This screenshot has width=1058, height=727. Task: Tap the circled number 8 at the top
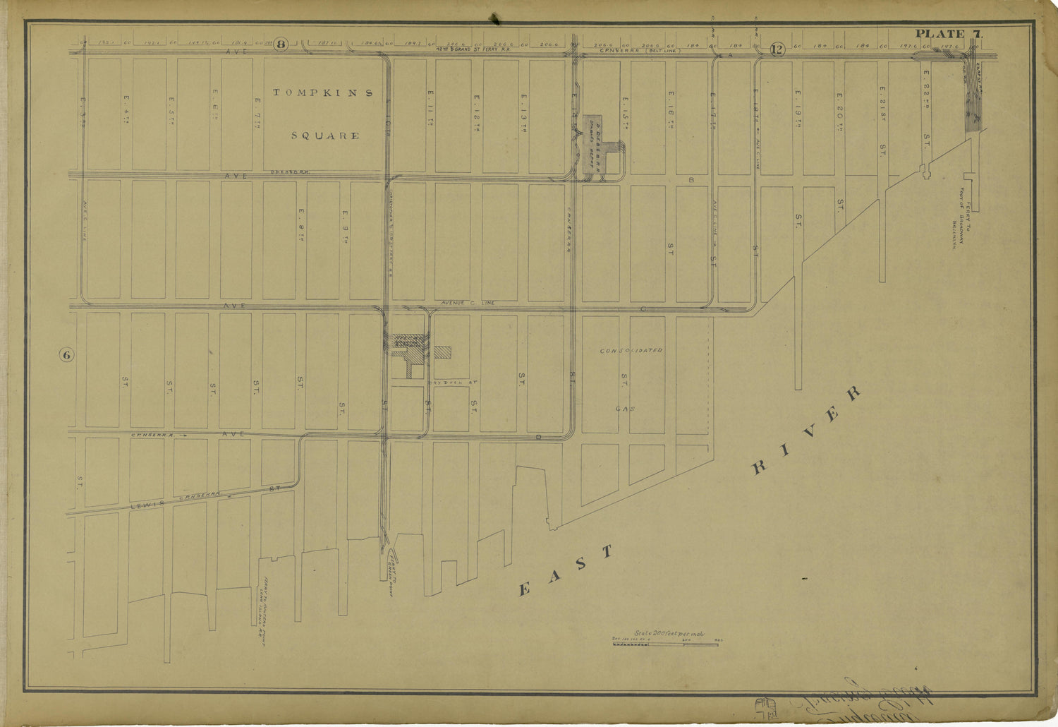281,44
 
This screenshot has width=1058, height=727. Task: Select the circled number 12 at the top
777,49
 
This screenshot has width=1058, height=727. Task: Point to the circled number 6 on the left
66,355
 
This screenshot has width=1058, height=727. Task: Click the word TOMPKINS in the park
323,92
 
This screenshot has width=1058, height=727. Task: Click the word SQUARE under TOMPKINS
325,136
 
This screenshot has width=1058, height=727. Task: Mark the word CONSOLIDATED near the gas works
631,350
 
